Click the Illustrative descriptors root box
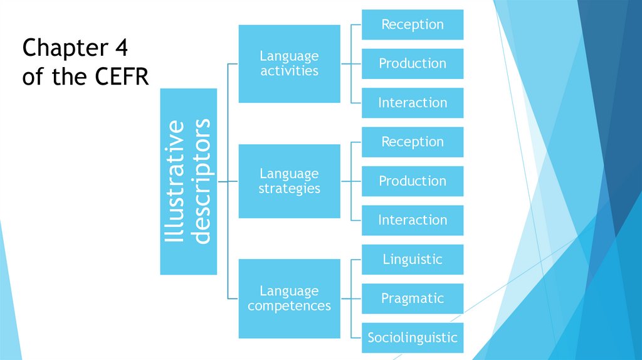tap(188, 181)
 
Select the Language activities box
tap(289, 63)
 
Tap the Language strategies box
tap(289, 181)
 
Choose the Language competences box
tap(289, 298)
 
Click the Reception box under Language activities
tap(413, 24)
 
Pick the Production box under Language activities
tap(413, 63)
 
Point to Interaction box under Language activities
tap(413, 103)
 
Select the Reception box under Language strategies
tap(413, 142)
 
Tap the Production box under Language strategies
tap(413, 181)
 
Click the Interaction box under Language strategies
tap(413, 220)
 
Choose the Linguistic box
tap(413, 259)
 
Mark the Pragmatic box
tap(413, 299)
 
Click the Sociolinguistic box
tap(413, 337)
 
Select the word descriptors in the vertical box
tap(202, 181)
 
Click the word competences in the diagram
tap(289, 306)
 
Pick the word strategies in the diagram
tap(289, 188)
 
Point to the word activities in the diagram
tap(289, 71)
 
